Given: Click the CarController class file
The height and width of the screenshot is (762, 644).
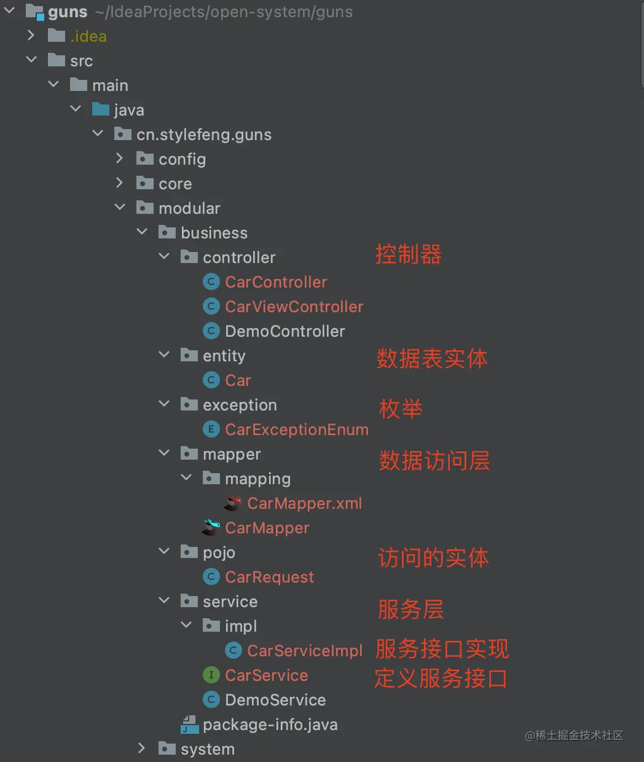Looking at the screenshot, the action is (276, 282).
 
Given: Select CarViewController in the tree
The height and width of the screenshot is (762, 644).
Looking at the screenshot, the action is (294, 307).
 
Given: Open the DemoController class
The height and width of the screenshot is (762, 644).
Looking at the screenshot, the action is (285, 331).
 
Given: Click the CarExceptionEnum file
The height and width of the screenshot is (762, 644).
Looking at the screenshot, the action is (296, 430).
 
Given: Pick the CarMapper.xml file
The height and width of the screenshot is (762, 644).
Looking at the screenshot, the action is (304, 503).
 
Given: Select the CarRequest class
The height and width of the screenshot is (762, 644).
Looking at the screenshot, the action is (269, 577).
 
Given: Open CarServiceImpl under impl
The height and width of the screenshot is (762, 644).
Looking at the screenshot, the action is (305, 651).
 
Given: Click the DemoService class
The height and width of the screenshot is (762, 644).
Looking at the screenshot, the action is (275, 700).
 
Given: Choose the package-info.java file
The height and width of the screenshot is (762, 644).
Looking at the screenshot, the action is (270, 725).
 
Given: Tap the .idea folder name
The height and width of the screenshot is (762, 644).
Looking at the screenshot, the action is (88, 36).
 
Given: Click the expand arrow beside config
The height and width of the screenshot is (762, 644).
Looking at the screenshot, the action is (120, 159).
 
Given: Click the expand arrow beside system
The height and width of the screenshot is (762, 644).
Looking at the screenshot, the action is (142, 748).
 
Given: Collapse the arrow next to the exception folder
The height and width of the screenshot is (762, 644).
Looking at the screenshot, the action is (164, 404).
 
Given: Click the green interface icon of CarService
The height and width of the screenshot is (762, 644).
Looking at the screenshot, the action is (211, 675).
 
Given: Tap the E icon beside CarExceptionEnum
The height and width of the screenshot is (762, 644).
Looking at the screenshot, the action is (211, 430).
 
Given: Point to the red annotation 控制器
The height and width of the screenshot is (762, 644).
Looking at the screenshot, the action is (409, 254).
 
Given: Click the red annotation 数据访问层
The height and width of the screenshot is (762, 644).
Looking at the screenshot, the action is (434, 460).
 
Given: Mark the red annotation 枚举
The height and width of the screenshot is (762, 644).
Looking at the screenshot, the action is (401, 409).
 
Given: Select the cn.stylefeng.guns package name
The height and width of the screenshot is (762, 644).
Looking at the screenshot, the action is (204, 135).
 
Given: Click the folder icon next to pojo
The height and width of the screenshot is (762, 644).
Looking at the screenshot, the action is (189, 552).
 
